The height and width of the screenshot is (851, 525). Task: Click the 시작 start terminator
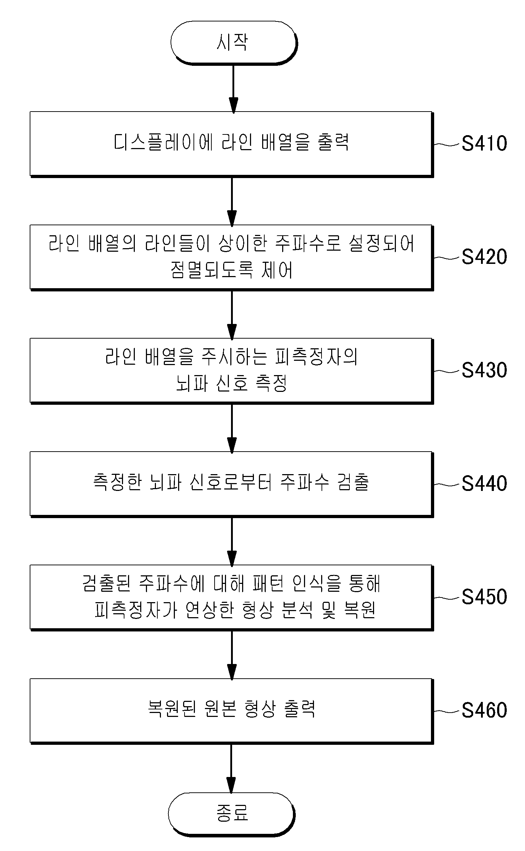click(234, 43)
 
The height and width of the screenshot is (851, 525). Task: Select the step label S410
click(484, 143)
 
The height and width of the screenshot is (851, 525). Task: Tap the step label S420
click(484, 257)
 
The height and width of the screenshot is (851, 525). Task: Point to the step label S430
click(484, 370)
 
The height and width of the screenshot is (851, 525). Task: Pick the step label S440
click(484, 483)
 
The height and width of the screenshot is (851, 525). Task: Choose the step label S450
click(484, 597)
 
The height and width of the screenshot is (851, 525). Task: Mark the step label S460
click(484, 710)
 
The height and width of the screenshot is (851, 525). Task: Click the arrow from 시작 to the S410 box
click(233, 89)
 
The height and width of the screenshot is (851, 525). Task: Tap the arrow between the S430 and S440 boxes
click(232, 428)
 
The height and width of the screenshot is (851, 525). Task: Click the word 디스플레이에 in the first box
click(163, 142)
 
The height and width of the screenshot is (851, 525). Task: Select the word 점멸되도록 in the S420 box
click(212, 270)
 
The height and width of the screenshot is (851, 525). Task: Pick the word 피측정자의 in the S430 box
click(317, 357)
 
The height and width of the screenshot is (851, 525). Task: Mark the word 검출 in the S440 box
click(353, 482)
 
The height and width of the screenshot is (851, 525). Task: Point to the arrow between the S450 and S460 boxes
click(232, 655)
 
